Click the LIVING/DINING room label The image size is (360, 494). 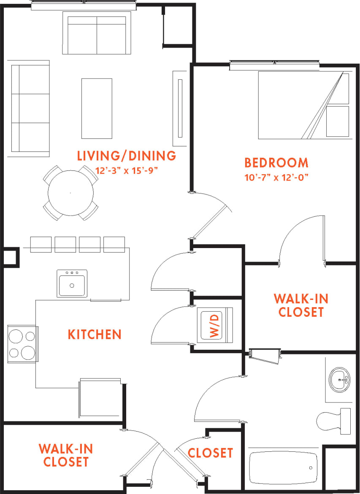(x=126, y=156)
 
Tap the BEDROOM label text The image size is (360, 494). (x=276, y=162)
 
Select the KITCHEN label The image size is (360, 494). (x=95, y=335)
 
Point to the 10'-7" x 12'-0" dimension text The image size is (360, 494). (x=276, y=177)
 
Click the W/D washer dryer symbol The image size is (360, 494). (x=216, y=325)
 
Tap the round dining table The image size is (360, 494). (x=71, y=193)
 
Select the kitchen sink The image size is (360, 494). (x=72, y=284)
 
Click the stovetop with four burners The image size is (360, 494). (x=22, y=344)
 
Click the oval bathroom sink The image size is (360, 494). (x=340, y=380)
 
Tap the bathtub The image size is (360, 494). (x=283, y=468)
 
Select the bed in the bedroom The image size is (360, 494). (x=303, y=105)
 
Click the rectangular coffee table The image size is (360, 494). (x=97, y=108)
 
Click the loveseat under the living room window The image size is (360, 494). (x=97, y=33)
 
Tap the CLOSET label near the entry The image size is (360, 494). (x=210, y=453)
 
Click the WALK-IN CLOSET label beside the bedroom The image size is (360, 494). (x=300, y=305)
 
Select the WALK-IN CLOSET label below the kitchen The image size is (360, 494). (x=65, y=455)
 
